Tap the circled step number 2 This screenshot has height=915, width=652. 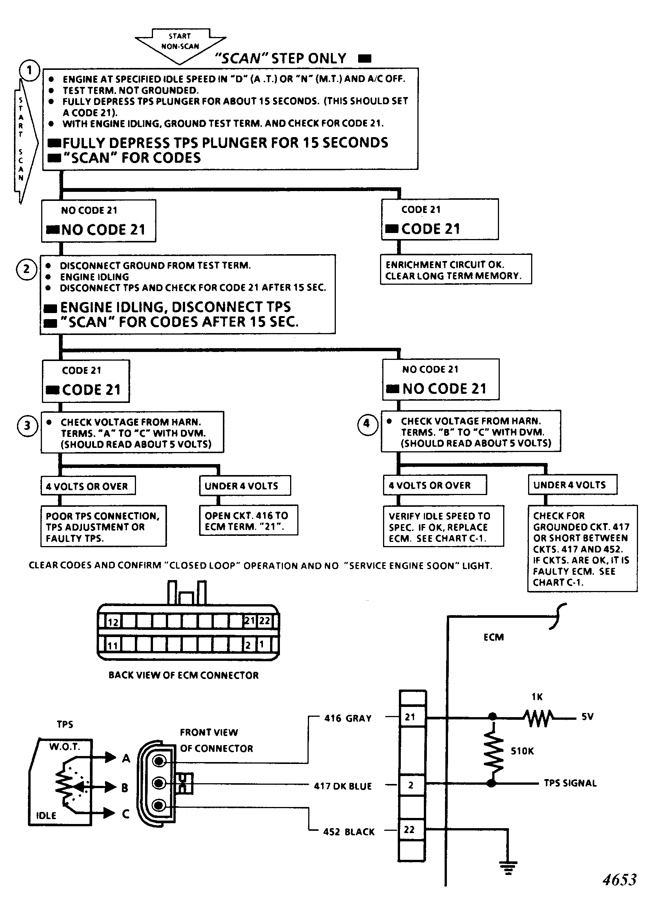[26, 269]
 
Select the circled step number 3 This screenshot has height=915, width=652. [27, 425]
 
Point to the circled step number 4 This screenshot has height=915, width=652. [367, 424]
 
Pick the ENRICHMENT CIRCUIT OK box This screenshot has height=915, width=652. [456, 269]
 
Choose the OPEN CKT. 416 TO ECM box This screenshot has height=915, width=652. [249, 520]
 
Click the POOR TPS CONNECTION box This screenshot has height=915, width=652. [104, 526]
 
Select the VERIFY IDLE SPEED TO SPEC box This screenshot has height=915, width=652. [443, 526]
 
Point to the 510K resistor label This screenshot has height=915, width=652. [522, 751]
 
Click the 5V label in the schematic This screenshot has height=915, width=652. [587, 717]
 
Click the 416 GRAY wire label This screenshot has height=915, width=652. [348, 718]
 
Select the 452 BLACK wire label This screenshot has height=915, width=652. [349, 832]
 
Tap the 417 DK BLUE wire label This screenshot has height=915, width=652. [343, 786]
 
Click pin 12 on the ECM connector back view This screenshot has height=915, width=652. [113, 622]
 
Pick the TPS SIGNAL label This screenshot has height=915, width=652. [570, 783]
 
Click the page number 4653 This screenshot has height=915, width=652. [620, 880]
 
